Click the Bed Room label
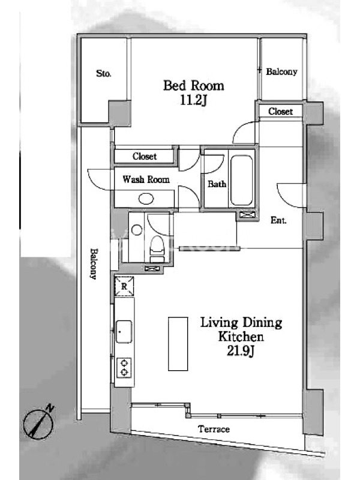click(193, 85)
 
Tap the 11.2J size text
click(193, 100)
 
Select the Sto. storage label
click(104, 73)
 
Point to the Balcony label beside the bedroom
click(281, 71)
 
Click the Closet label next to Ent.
click(280, 112)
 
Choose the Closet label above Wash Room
click(145, 157)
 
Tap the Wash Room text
click(146, 179)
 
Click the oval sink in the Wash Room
click(146, 199)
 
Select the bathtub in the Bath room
click(242, 181)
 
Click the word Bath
click(217, 184)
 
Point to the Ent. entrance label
click(278, 220)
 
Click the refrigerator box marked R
click(124, 286)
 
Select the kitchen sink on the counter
click(124, 332)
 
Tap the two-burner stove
click(124, 367)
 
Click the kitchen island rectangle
click(178, 344)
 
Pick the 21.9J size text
click(241, 352)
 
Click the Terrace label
click(214, 429)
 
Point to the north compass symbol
click(38, 424)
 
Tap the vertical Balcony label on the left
click(94, 264)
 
